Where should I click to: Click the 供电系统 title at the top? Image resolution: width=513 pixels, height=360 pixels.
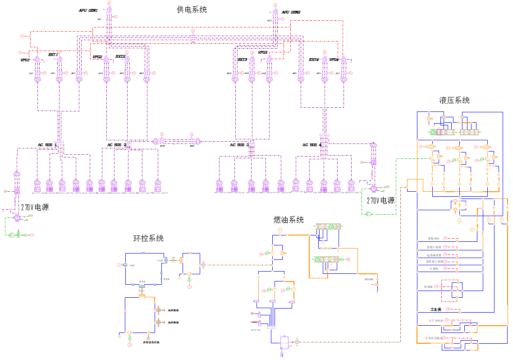(x=192, y=9)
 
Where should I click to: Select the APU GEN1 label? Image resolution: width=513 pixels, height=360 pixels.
(x=88, y=10)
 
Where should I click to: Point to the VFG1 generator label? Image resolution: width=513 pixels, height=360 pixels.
(x=25, y=60)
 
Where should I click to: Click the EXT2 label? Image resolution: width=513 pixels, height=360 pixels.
(x=120, y=56)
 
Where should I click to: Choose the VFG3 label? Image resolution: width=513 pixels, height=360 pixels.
(x=263, y=52)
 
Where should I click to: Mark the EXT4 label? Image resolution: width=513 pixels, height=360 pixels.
(x=314, y=60)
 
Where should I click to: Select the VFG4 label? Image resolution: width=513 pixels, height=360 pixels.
(x=334, y=60)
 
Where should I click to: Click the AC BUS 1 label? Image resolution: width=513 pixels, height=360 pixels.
(x=47, y=145)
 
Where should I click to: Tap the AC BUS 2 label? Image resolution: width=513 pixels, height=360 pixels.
(x=117, y=145)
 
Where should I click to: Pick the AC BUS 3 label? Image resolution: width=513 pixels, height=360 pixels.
(x=239, y=145)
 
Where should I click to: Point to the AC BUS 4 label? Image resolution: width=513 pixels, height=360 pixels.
(x=312, y=145)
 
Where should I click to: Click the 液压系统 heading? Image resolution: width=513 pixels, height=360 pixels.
(x=454, y=100)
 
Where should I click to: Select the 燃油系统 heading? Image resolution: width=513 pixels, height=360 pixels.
(x=289, y=220)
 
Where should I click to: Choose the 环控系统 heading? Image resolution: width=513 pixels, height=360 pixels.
(x=148, y=238)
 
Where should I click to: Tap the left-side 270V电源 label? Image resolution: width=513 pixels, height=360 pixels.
(x=35, y=208)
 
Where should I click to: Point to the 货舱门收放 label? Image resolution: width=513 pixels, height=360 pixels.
(x=435, y=247)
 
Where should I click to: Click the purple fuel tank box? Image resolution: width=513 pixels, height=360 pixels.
(x=285, y=343)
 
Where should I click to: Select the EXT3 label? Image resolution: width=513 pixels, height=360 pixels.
(x=243, y=60)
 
